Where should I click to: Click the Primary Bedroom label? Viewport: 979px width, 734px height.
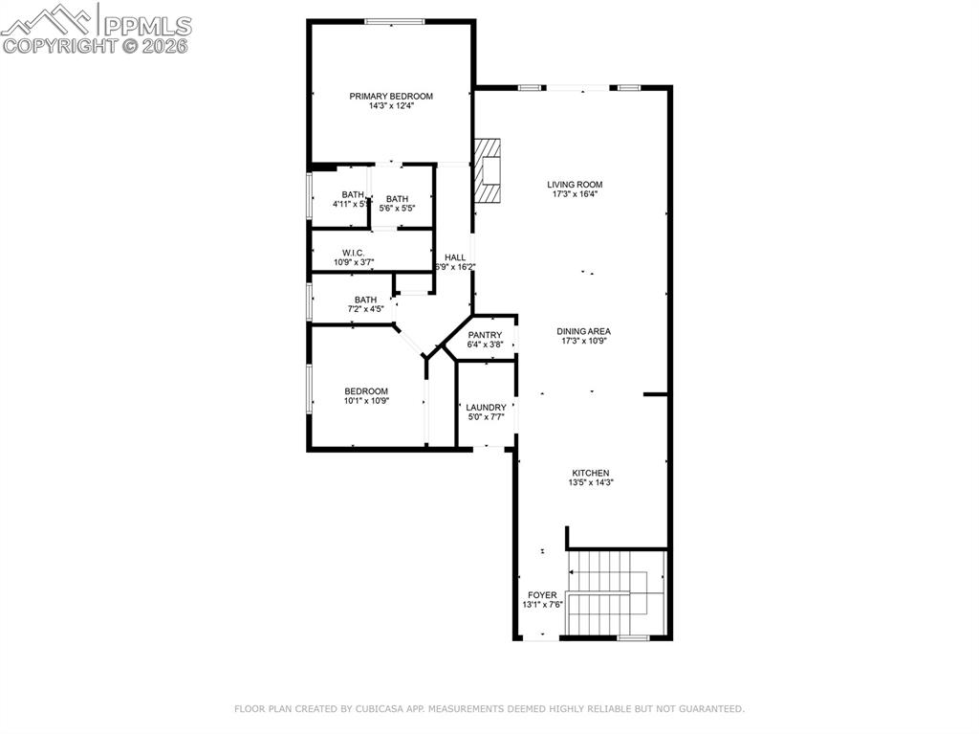[x=391, y=96]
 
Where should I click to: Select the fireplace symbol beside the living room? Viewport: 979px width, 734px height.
[x=488, y=171]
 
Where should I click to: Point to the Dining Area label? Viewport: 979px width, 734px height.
[x=584, y=331]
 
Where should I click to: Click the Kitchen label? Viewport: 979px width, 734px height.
[x=590, y=473]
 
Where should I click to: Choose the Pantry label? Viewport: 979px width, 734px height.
[x=485, y=335]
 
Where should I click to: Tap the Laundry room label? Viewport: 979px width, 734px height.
[x=486, y=408]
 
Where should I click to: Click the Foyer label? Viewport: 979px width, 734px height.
[x=542, y=595]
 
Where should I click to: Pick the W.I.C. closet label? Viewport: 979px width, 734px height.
[x=354, y=253]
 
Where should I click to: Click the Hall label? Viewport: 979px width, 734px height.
[x=455, y=257]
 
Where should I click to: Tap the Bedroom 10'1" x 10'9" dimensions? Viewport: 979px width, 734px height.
[x=366, y=401]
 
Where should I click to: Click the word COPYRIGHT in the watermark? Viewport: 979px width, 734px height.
[x=59, y=45]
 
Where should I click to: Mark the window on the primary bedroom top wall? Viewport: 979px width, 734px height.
[x=395, y=21]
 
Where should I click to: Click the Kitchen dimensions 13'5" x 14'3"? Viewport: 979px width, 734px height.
[x=590, y=483]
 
